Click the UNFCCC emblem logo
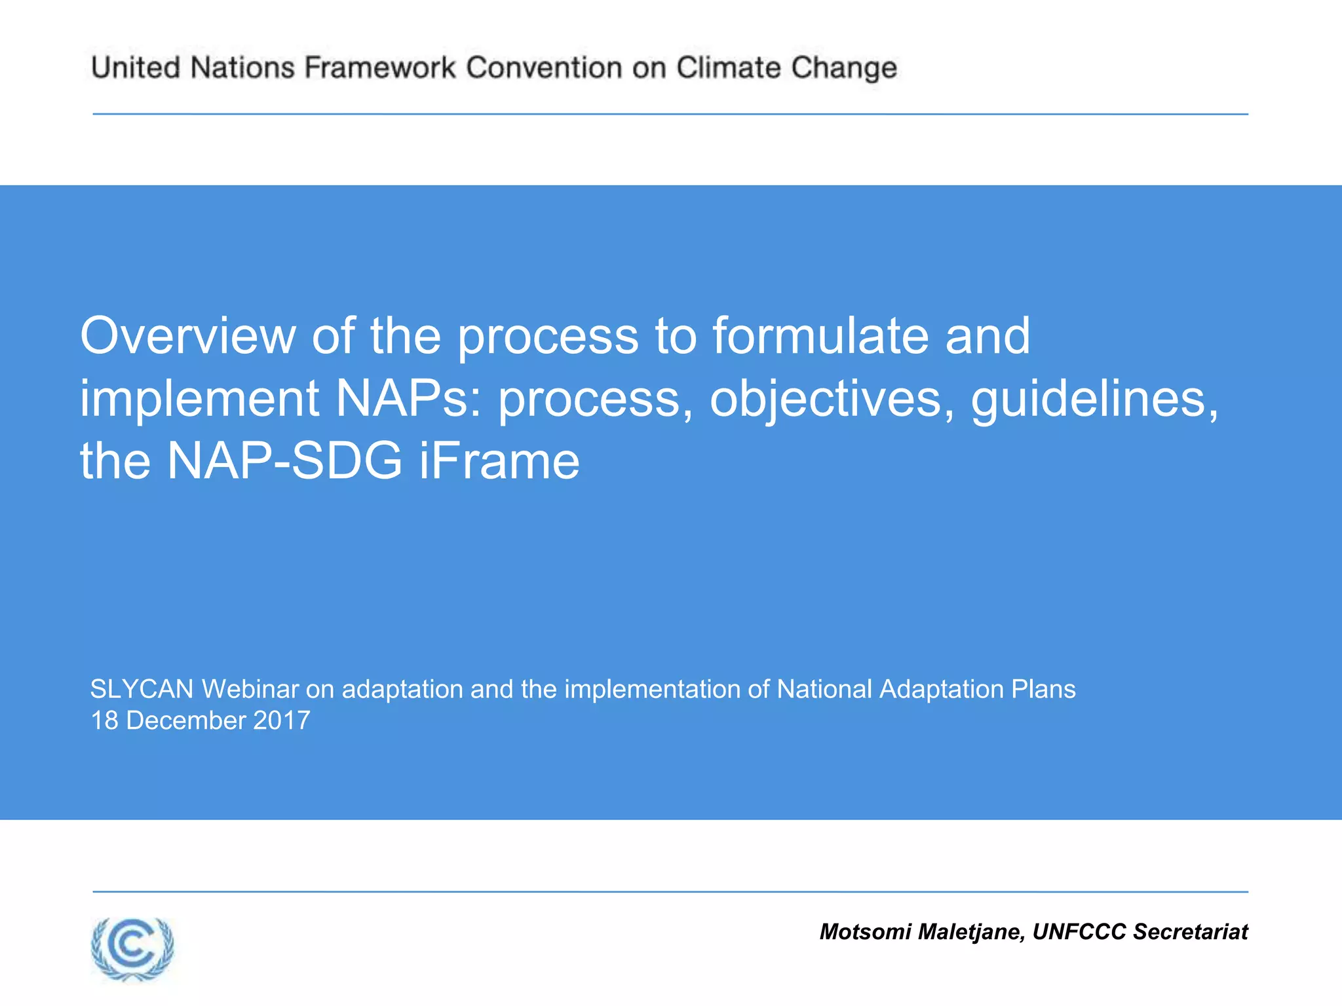pyautogui.click(x=132, y=948)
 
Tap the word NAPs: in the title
pyautogui.click(x=408, y=398)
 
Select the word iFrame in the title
pyautogui.click(x=499, y=460)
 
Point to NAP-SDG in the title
pyautogui.click(x=284, y=460)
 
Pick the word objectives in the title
pyautogui.click(x=831, y=398)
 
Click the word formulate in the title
pyautogui.click(x=820, y=335)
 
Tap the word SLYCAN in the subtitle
pyautogui.click(x=142, y=689)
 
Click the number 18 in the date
pyautogui.click(x=104, y=720)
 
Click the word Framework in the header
pyautogui.click(x=380, y=68)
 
